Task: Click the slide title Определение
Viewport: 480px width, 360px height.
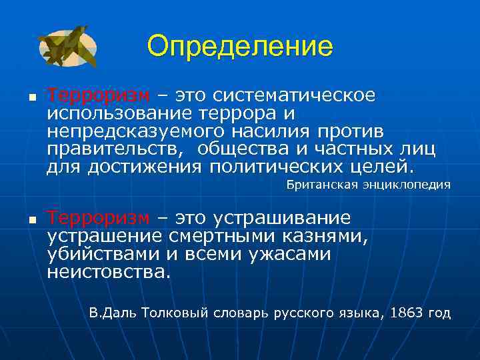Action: pos(239,47)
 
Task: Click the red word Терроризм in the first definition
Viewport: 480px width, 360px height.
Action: pos(98,95)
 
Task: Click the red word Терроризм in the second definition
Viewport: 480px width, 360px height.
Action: pos(98,219)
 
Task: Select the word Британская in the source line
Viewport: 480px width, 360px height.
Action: pos(323,185)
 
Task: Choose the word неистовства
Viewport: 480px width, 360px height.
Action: pos(108,271)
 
